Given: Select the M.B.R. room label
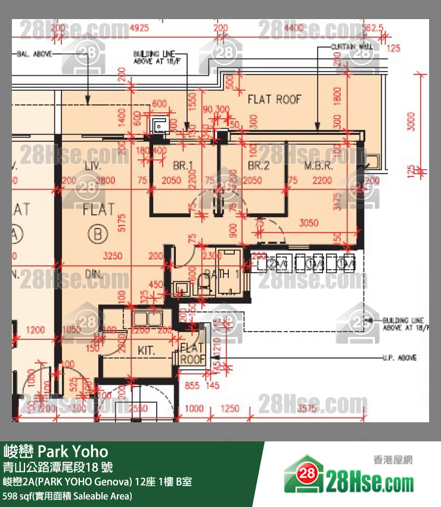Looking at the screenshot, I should (318, 166).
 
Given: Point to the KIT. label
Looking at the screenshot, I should (147, 351).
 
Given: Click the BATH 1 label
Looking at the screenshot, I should (222, 274).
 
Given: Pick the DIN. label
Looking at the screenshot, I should (95, 275).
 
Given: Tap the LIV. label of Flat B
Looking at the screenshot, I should (93, 165).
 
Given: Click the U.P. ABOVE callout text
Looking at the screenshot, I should (399, 358).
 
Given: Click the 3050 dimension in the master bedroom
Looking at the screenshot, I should (309, 223).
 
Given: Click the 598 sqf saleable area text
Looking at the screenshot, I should (68, 496).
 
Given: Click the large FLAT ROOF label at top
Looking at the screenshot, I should (275, 100).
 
